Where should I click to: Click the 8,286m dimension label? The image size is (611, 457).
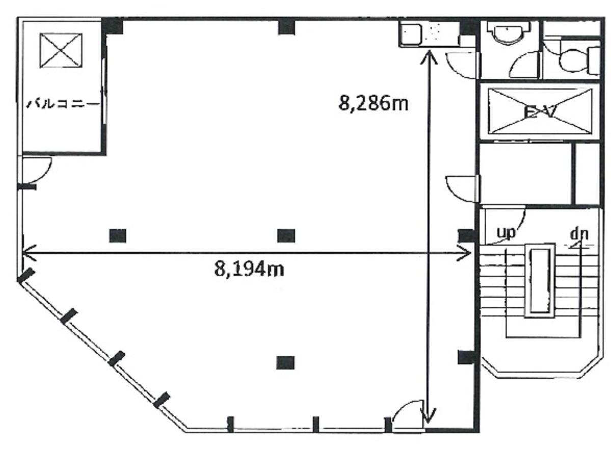pos(374,104)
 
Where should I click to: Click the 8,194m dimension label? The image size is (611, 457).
pos(249,269)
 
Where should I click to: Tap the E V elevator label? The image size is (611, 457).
pos(540,112)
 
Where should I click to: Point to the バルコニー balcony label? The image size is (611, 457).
pos(63,104)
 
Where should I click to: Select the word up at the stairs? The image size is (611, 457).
pos(506,233)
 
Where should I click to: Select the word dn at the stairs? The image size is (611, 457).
pos(579,234)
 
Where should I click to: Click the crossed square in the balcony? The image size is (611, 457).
pos(61,50)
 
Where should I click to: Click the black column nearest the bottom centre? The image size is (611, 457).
pos(285,362)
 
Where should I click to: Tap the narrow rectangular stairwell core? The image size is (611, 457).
pos(540,281)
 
